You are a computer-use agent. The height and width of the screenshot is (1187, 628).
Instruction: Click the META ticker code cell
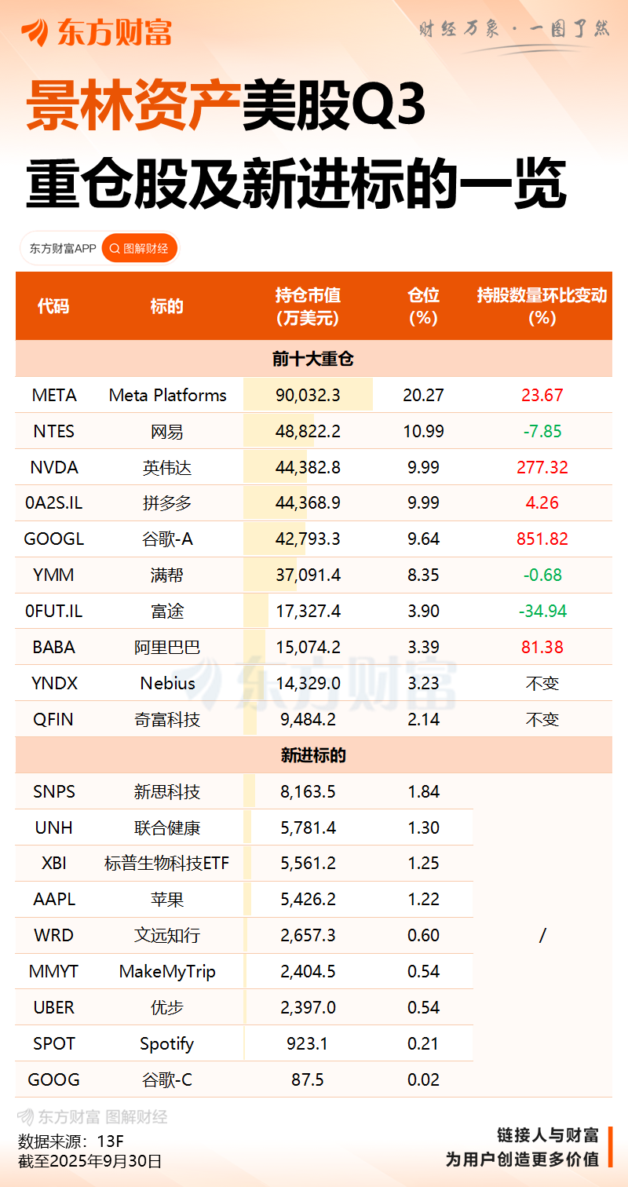point(54,395)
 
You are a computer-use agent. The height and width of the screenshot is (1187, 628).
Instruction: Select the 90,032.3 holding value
point(308,395)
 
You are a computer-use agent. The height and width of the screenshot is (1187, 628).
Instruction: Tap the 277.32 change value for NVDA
point(542,467)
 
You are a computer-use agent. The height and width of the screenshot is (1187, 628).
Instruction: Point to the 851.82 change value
point(542,539)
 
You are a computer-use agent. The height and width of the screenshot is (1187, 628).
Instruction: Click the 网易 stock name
point(167,431)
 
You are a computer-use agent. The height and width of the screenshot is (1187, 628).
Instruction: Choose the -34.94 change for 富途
point(542,611)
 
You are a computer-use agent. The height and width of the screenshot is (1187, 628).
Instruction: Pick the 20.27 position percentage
point(423,395)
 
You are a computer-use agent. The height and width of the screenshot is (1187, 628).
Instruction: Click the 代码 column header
point(53,305)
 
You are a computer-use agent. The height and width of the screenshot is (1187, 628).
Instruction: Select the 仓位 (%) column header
point(423,305)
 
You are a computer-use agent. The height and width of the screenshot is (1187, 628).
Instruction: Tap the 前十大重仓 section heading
point(313,359)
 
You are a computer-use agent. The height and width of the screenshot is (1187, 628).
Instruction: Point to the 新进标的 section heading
point(313,755)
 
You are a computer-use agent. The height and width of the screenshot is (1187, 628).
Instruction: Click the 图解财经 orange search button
point(140,249)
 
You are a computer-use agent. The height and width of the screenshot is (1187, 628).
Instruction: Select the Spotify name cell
point(167,1043)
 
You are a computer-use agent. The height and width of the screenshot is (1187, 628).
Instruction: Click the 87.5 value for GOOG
point(308,1079)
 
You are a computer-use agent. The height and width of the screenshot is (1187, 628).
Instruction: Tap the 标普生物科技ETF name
point(167,864)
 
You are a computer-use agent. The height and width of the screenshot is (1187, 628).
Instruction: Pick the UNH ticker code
point(54,827)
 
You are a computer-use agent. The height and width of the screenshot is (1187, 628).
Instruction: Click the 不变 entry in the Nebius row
point(542,683)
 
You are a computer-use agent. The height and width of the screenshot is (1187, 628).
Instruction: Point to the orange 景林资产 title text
point(132,108)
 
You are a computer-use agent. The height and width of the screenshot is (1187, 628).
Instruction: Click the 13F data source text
point(111,1141)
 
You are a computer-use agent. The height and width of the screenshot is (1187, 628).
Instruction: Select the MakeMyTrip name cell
point(167,971)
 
